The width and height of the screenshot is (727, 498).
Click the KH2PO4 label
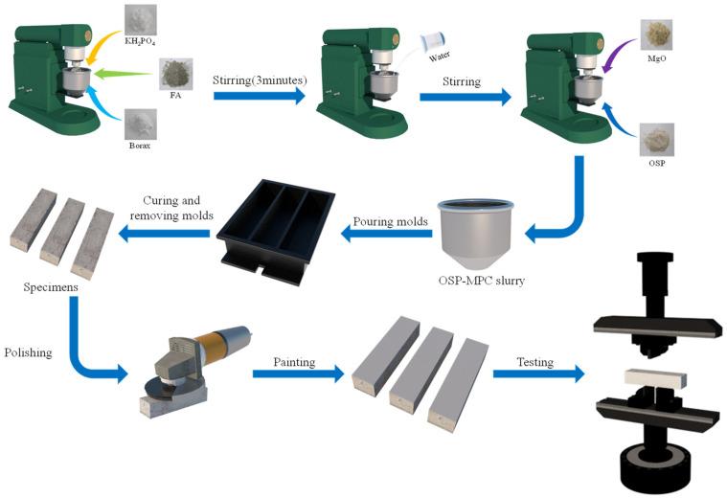click(x=140, y=43)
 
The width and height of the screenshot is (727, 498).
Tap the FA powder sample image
click(x=175, y=73)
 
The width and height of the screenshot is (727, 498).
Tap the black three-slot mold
click(x=276, y=228)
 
